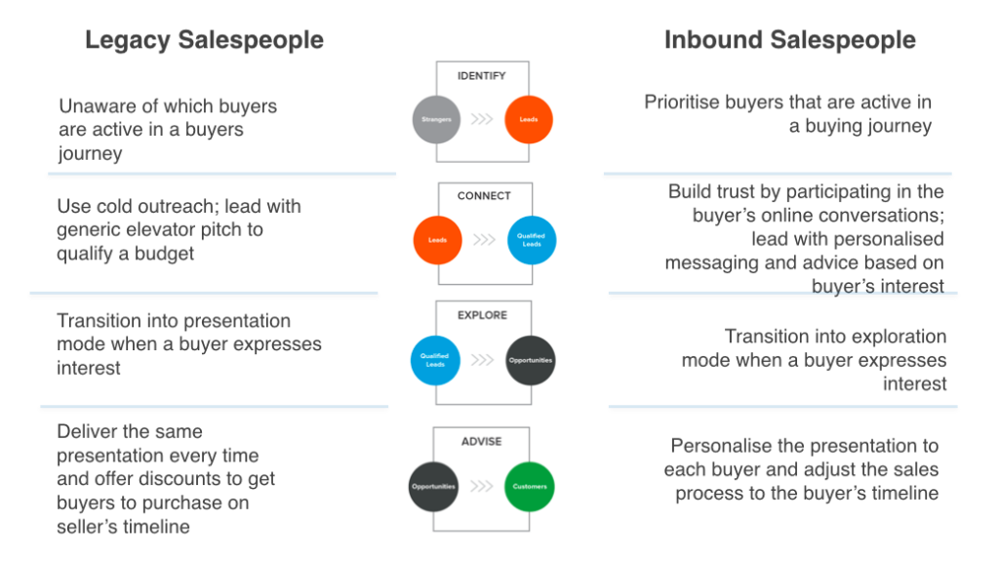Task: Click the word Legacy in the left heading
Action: coord(129,41)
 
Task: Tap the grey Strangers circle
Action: coord(436,120)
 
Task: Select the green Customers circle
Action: coord(530,486)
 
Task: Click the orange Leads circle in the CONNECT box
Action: coord(436,239)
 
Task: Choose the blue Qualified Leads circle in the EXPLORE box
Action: coord(434,360)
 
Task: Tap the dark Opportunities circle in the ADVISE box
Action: coord(434,486)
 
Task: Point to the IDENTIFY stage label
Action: coord(482,76)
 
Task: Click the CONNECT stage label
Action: coord(484,196)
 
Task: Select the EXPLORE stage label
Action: coord(483,316)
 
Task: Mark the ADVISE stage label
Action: coord(482,442)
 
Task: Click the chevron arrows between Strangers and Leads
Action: coord(482,121)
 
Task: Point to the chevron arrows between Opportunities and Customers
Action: coord(482,486)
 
